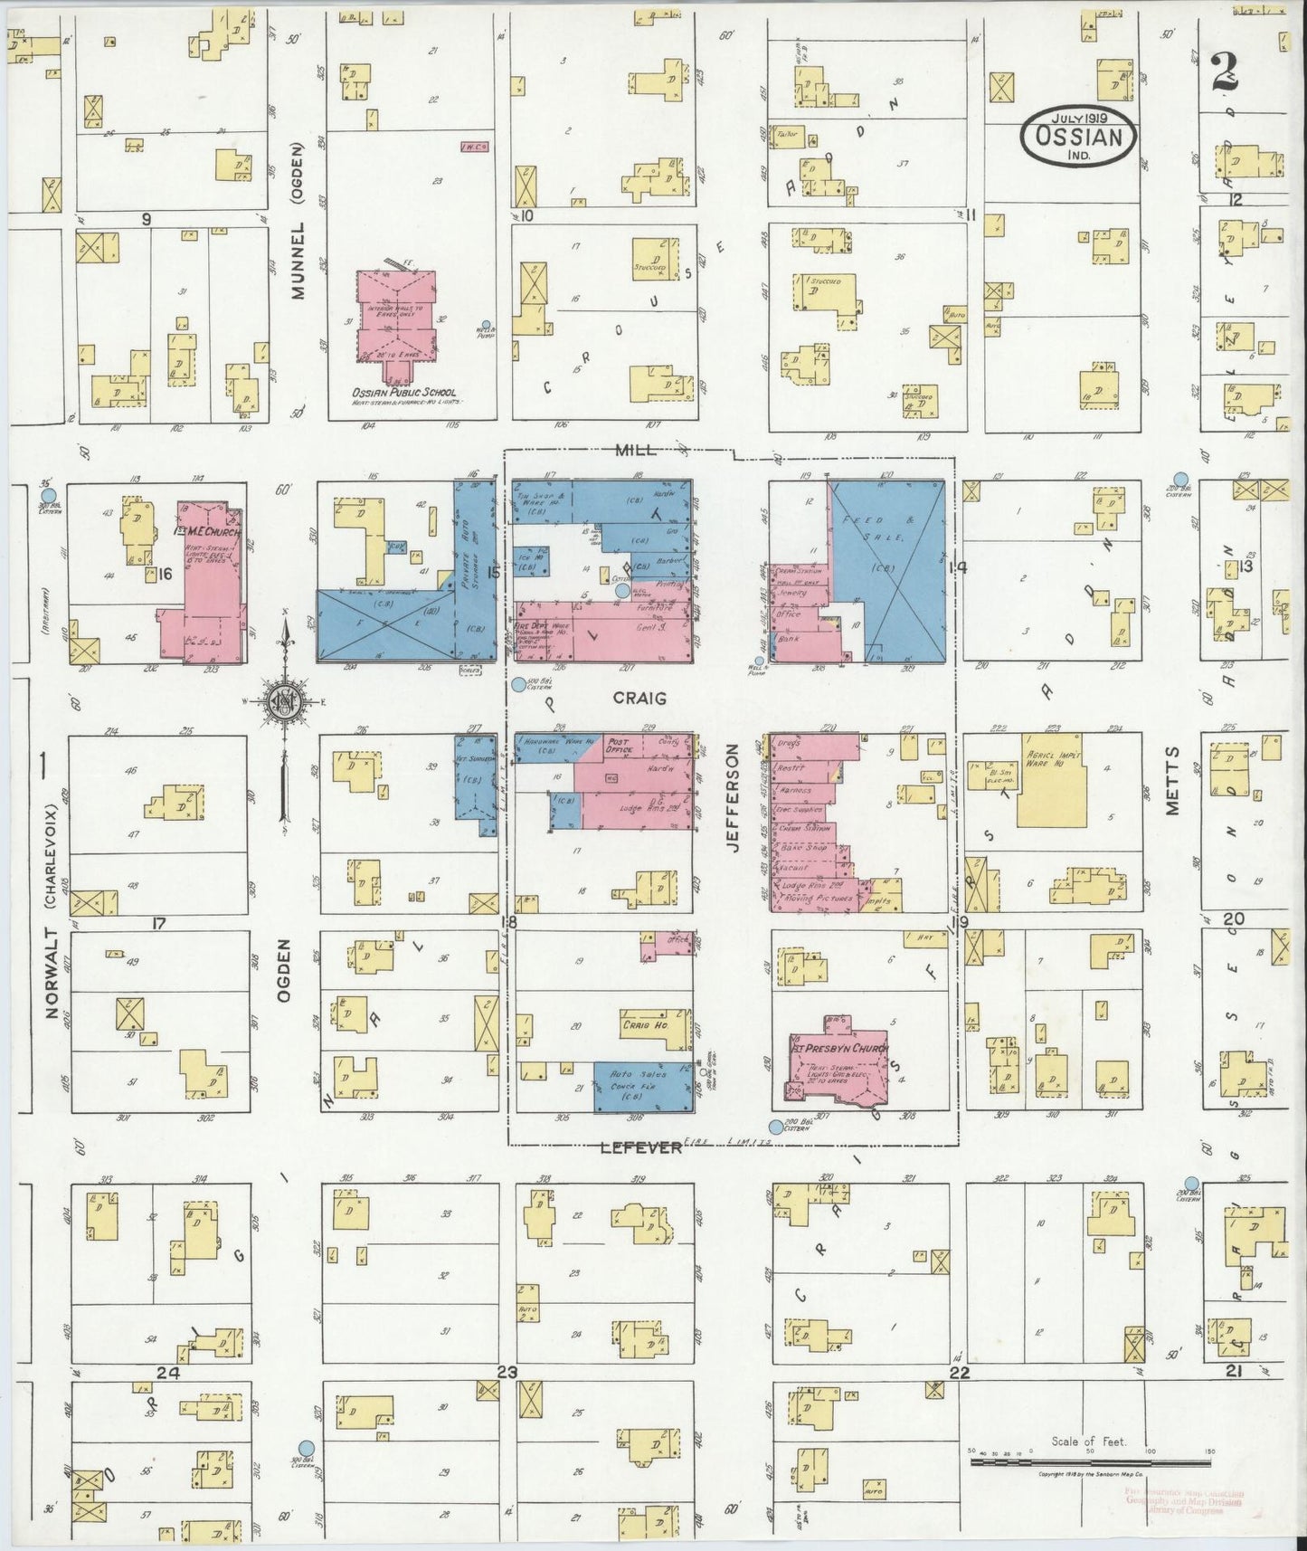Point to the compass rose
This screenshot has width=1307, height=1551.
[286, 702]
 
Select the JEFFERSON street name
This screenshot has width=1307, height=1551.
[733, 799]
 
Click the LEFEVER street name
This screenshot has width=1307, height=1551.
[640, 1147]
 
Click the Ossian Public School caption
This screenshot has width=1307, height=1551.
[403, 395]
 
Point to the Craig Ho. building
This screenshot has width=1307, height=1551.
[644, 1025]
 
